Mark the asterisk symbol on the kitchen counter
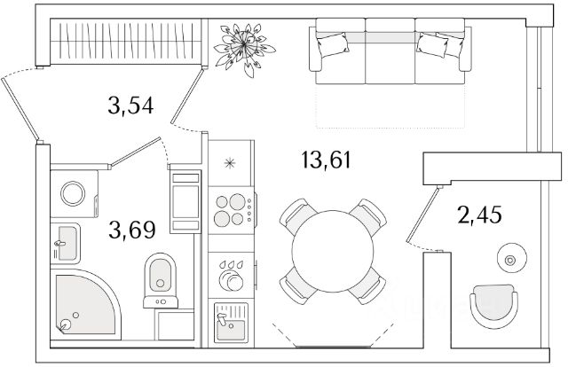click(230, 163)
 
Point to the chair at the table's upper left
click(296, 216)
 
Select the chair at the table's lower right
click(367, 286)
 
